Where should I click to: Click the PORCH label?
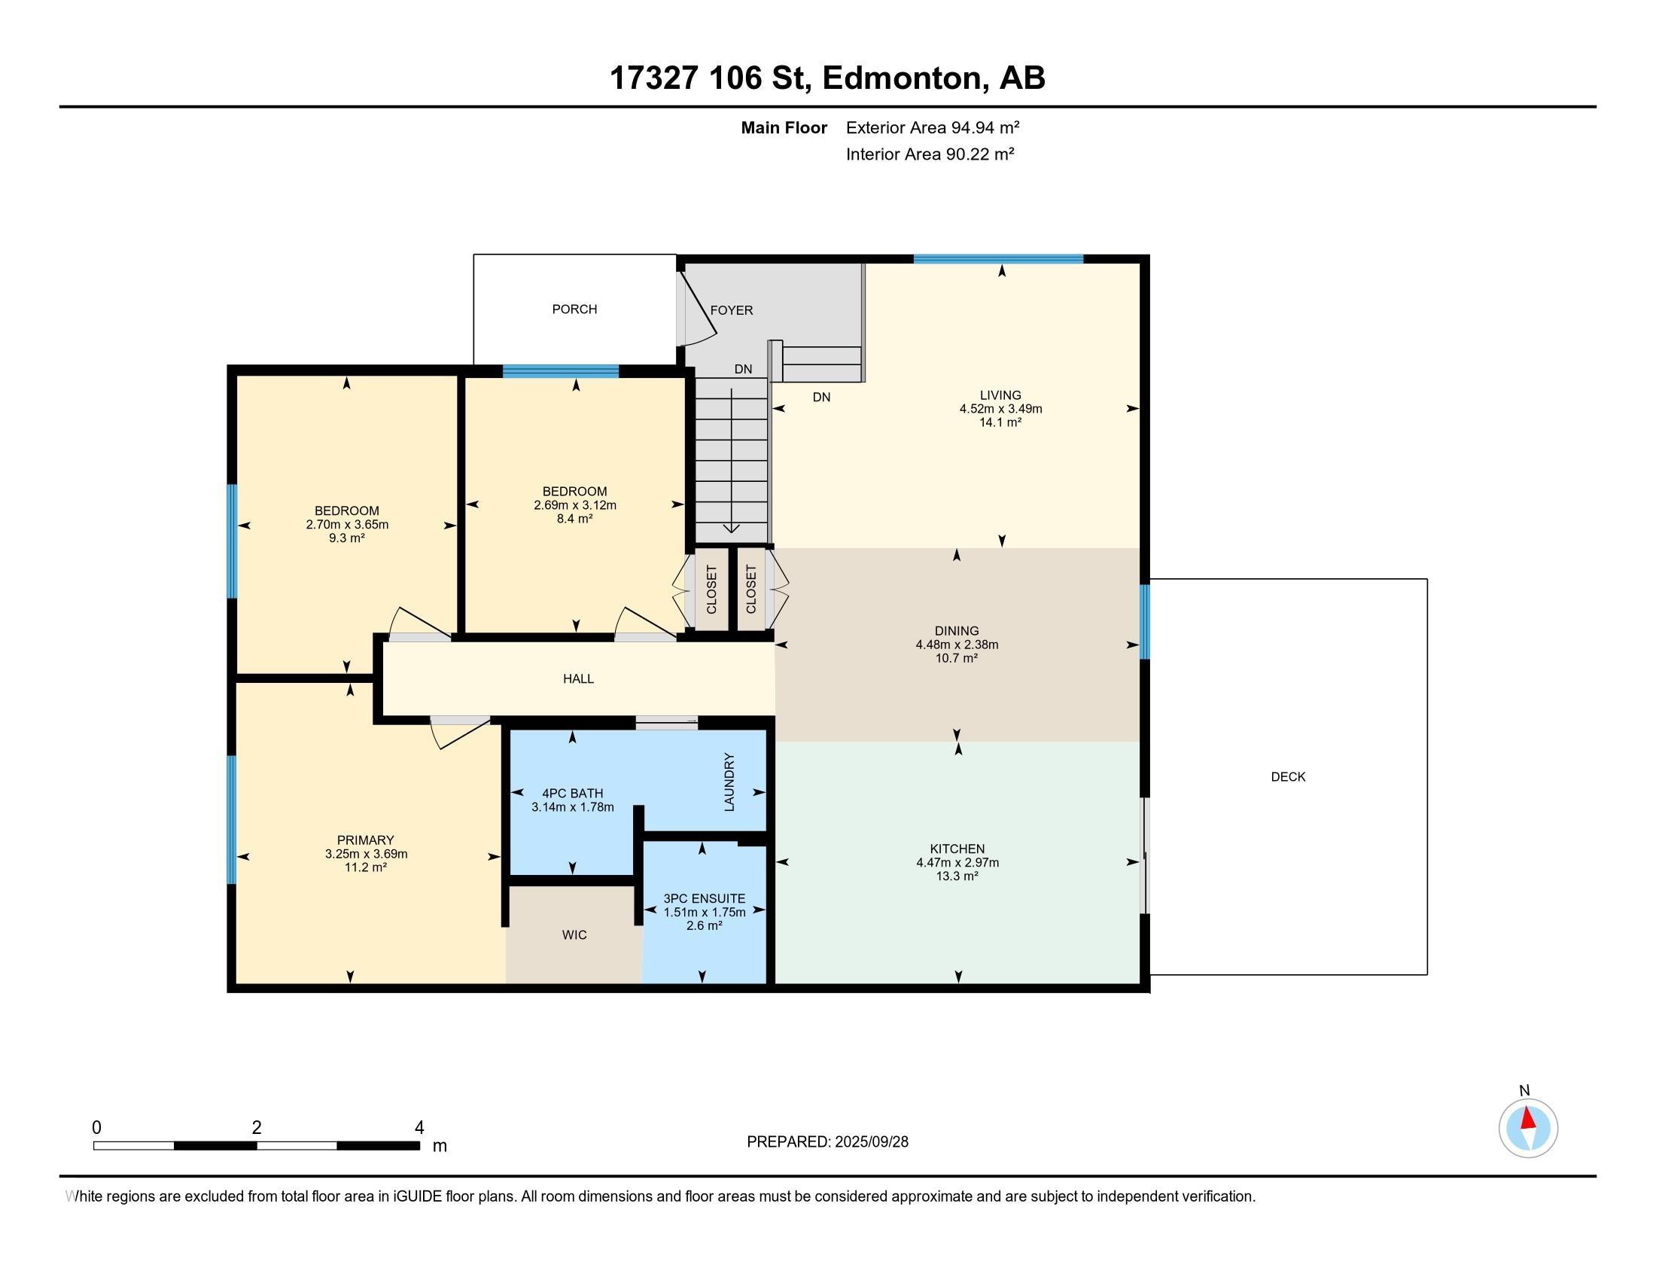pos(574,309)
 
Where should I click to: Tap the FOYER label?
pos(731,310)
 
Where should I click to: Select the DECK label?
pos(1287,776)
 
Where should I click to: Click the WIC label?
pos(574,935)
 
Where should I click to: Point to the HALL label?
pos(578,678)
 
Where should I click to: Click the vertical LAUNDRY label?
pos(729,782)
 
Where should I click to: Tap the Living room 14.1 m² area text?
pos(1000,422)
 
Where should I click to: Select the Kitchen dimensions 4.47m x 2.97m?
pos(957,863)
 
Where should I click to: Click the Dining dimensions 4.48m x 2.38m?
pos(956,645)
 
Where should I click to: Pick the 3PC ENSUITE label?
pos(705,898)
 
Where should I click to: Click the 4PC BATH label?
pos(573,794)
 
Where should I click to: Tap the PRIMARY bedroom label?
pos(366,840)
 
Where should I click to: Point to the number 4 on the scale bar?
pos(419,1128)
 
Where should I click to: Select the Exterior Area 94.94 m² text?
pos(933,127)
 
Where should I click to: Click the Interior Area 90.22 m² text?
pos(930,154)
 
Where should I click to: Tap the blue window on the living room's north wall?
pos(999,259)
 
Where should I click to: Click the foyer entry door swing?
pos(698,307)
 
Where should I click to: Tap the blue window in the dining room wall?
pos(1145,621)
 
